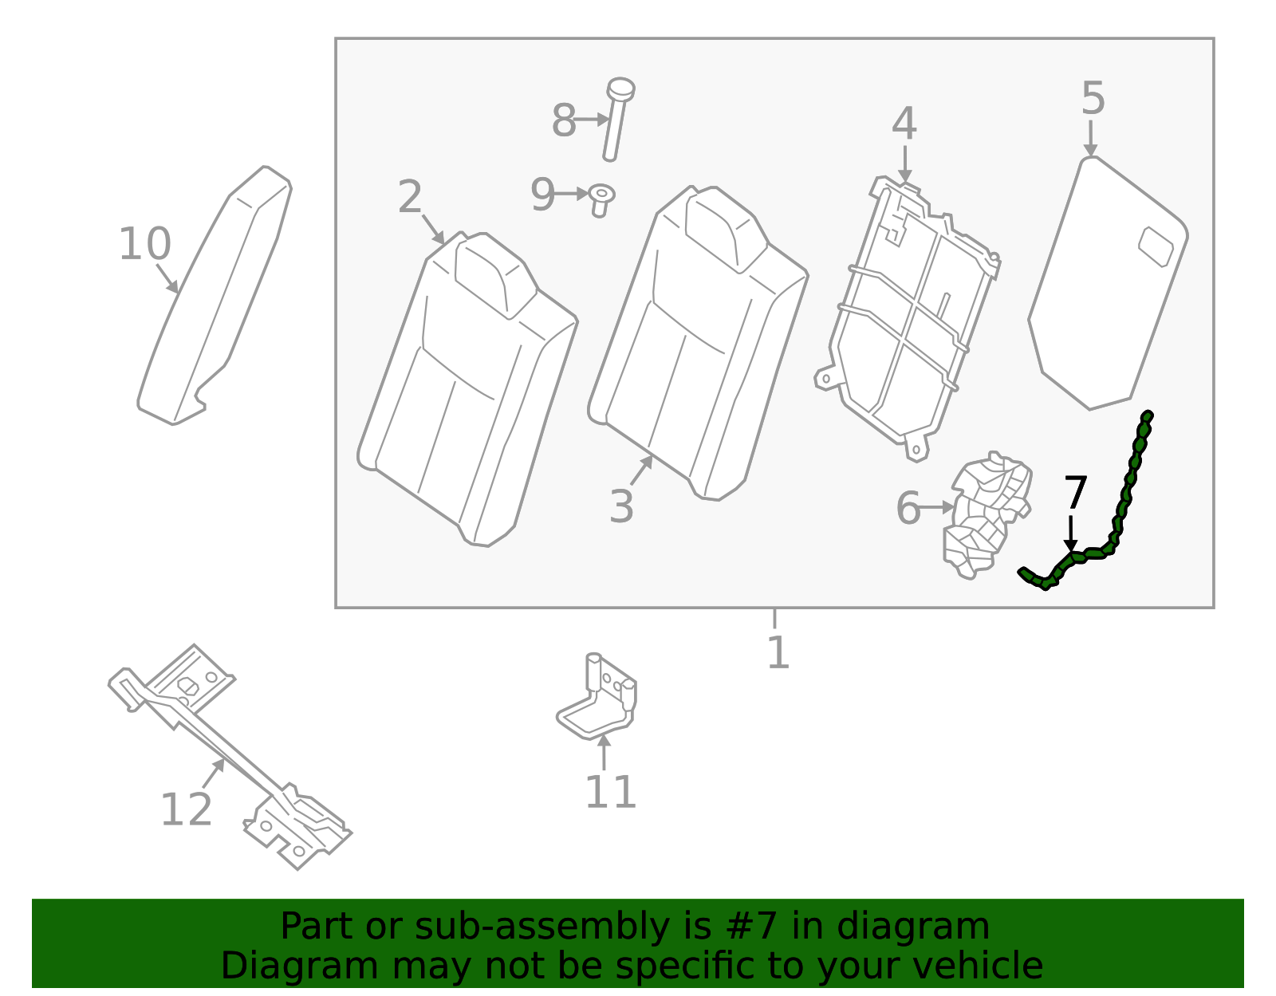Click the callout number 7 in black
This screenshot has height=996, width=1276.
coord(1075,493)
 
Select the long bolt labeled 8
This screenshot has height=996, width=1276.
coord(615,120)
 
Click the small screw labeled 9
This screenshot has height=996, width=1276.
coord(601,199)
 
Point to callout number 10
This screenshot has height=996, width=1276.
coord(144,244)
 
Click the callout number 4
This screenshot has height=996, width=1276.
coord(904,124)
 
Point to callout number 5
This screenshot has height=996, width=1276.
coord(1093,99)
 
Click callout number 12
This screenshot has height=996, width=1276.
coord(186,810)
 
